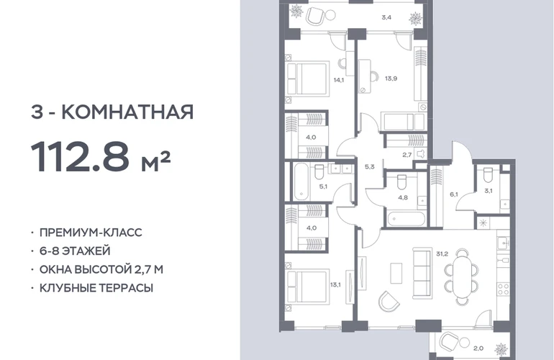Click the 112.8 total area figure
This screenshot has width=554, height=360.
coord(80,156)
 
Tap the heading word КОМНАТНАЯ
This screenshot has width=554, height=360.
coord(127,112)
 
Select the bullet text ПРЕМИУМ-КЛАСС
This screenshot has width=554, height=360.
coord(91,233)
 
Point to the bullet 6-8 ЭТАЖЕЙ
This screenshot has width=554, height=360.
coord(75,251)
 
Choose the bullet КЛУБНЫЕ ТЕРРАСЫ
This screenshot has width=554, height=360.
coord(96,288)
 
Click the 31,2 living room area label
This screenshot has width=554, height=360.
coord(442,253)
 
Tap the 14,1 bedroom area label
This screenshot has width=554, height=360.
coord(338,80)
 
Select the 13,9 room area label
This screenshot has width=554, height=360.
coord(391,78)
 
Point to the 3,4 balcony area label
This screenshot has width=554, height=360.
coord(386,17)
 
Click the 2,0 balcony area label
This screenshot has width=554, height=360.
coord(478,348)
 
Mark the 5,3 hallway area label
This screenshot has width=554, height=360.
coord(370,167)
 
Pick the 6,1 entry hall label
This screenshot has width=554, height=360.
coord(454,194)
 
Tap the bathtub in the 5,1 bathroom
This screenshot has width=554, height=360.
coord(301,181)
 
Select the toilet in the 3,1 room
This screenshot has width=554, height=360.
coord(488,174)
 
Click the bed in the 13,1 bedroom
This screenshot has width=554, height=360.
coord(308,287)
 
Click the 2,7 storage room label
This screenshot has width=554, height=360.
coord(407,155)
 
